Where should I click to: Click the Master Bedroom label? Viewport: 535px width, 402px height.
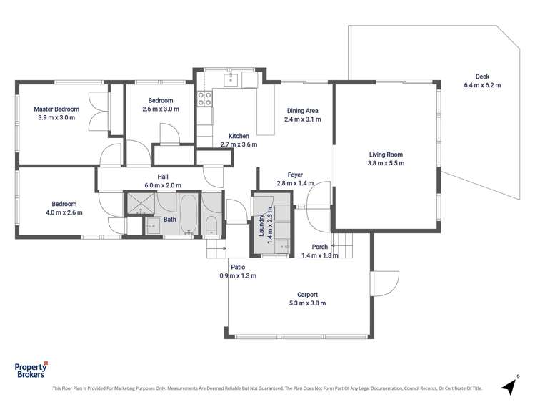point(56,109)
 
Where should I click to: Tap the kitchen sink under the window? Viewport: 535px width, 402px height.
point(230,79)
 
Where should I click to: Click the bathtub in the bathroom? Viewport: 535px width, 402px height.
point(188,213)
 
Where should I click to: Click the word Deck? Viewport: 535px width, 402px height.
point(482,77)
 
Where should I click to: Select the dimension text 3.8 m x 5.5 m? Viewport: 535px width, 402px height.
point(386,163)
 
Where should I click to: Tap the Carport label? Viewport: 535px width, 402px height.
point(307,294)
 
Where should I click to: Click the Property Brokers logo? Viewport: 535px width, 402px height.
point(30,369)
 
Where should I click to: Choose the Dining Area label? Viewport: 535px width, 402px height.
point(302,111)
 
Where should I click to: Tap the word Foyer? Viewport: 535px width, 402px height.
point(296,175)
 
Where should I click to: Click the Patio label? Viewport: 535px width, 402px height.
point(238,267)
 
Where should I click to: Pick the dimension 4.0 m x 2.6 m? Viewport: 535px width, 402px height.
point(64,212)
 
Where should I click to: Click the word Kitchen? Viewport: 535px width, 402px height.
point(239,136)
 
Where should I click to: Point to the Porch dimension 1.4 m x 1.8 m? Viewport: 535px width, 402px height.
point(319,255)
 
